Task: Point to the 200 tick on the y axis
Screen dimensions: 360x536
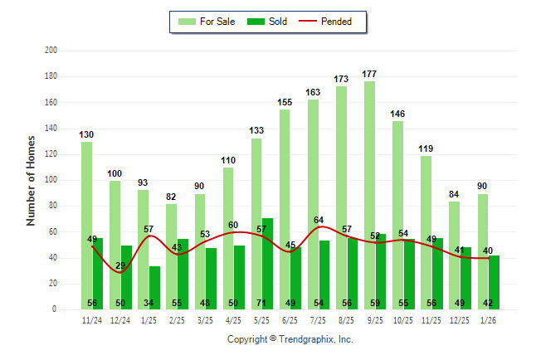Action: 51,51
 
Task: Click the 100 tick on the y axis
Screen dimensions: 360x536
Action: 51,180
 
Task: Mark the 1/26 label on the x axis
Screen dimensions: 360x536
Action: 489,320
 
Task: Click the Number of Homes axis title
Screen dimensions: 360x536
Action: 31,180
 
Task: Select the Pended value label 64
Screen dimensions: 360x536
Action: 319,220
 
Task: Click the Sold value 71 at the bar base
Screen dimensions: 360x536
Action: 268,304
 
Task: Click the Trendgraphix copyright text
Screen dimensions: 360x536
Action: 290,339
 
